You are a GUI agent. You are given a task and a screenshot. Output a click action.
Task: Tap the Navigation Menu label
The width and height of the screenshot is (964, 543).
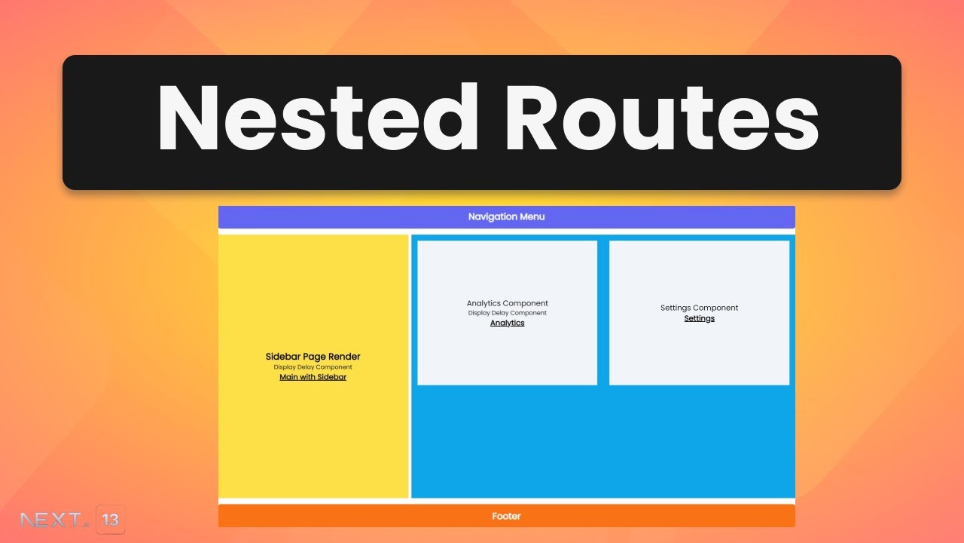coord(506,216)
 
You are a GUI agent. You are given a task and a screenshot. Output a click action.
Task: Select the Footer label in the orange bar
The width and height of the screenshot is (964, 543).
coord(506,516)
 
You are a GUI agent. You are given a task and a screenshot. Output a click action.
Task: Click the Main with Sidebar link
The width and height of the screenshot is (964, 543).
coord(313,377)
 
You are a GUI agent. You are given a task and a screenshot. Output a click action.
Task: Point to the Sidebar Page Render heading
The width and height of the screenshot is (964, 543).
coord(313,357)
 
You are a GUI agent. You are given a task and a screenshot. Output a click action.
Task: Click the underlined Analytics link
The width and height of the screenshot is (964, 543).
coord(507,323)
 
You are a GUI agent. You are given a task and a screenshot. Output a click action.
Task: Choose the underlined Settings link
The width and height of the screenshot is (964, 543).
coord(699,318)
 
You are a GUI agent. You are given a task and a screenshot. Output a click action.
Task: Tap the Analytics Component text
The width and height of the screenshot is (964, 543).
coord(507,303)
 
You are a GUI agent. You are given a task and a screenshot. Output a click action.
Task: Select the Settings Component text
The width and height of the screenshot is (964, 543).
coord(699,308)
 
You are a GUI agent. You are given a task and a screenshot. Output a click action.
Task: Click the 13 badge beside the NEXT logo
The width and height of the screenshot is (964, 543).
coord(110,520)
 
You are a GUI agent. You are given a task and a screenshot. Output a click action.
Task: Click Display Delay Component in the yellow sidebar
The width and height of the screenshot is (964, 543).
coord(313,367)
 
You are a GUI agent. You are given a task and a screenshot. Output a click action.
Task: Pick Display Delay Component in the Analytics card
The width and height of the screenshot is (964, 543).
coord(507,313)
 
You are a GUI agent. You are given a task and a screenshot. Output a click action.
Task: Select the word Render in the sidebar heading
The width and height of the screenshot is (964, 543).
coord(344,357)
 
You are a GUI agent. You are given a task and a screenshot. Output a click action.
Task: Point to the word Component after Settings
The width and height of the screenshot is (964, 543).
coord(715,308)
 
